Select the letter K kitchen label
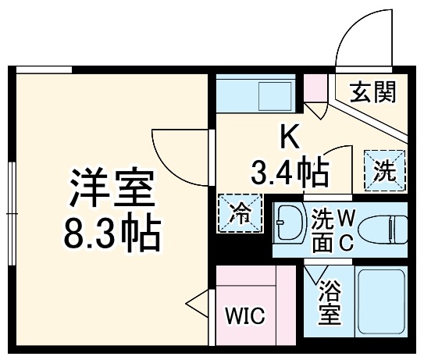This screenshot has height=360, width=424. tap(288, 137)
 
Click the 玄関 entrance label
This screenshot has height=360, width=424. tap(372, 93)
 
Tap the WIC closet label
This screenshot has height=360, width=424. tap(245, 317)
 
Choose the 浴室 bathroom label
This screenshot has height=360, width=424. tap(329, 305)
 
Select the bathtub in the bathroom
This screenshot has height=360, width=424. tap(380, 301)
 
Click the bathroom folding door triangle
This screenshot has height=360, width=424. tap(315, 274)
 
